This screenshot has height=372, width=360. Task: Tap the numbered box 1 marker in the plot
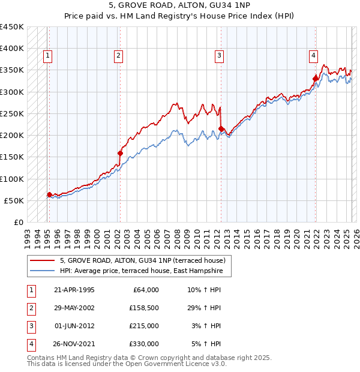(48, 56)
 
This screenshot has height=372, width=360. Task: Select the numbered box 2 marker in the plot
(119, 56)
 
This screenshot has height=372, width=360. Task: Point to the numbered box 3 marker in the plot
(220, 56)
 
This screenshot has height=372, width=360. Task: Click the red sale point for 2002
(120, 153)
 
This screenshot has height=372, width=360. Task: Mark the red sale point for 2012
(221, 128)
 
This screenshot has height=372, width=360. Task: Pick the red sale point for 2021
(316, 78)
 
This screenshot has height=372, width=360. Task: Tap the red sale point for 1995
(49, 194)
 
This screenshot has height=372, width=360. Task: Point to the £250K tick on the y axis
(12, 113)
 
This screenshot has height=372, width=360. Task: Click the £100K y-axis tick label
(12, 179)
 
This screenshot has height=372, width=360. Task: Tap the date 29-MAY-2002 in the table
(74, 308)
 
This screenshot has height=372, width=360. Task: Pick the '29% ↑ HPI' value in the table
(204, 308)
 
